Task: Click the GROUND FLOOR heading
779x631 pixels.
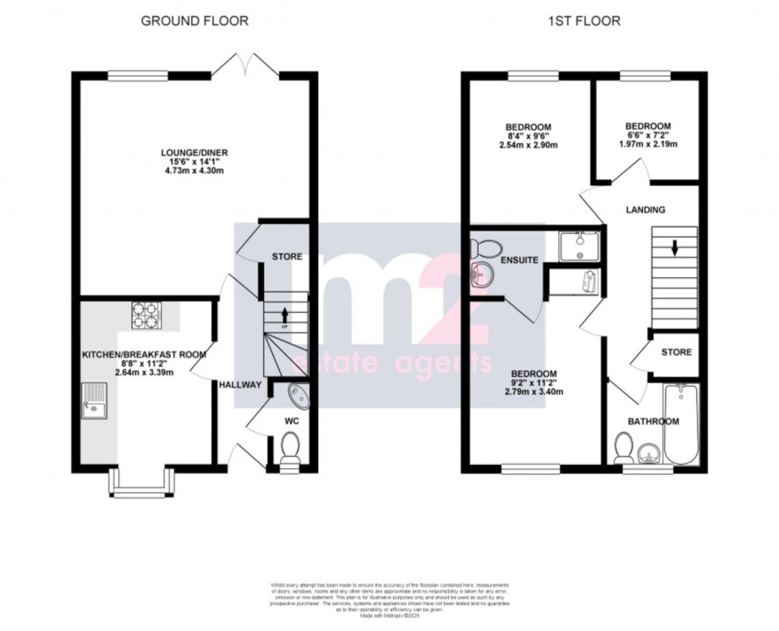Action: (195, 21)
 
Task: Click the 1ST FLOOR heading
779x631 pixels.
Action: (584, 21)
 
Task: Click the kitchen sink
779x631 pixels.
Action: (95, 401)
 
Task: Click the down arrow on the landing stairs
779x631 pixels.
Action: (674, 248)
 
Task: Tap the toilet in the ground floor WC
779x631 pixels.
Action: (291, 448)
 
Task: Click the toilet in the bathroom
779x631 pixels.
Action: (624, 447)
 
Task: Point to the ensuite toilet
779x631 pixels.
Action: (485, 247)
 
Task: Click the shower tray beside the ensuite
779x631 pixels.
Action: (580, 247)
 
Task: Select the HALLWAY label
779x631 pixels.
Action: (240, 385)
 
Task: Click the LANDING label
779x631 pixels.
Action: (645, 209)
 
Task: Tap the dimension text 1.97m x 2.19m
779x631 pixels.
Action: (647, 143)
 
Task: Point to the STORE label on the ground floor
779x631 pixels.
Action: (287, 257)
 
